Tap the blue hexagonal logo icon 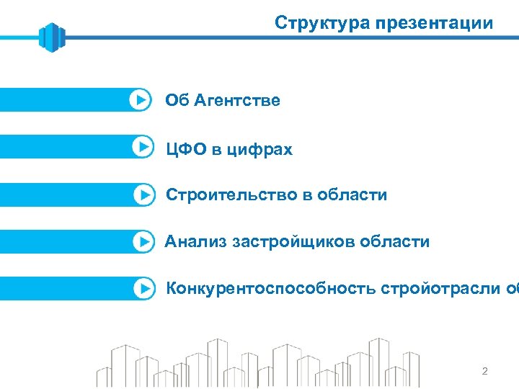pyautogui.click(x=52, y=37)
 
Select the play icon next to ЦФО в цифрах pyautogui.click(x=143, y=146)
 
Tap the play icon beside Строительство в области pyautogui.click(x=144, y=194)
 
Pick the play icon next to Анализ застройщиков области pyautogui.click(x=144, y=241)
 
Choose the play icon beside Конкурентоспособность pyautogui.click(x=144, y=288)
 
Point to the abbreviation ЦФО pyautogui.click(x=186, y=150)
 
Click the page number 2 pyautogui.click(x=484, y=372)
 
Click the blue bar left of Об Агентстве pyautogui.click(x=65, y=99)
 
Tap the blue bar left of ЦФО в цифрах pyautogui.click(x=65, y=146)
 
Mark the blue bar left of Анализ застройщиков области pyautogui.click(x=65, y=241)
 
